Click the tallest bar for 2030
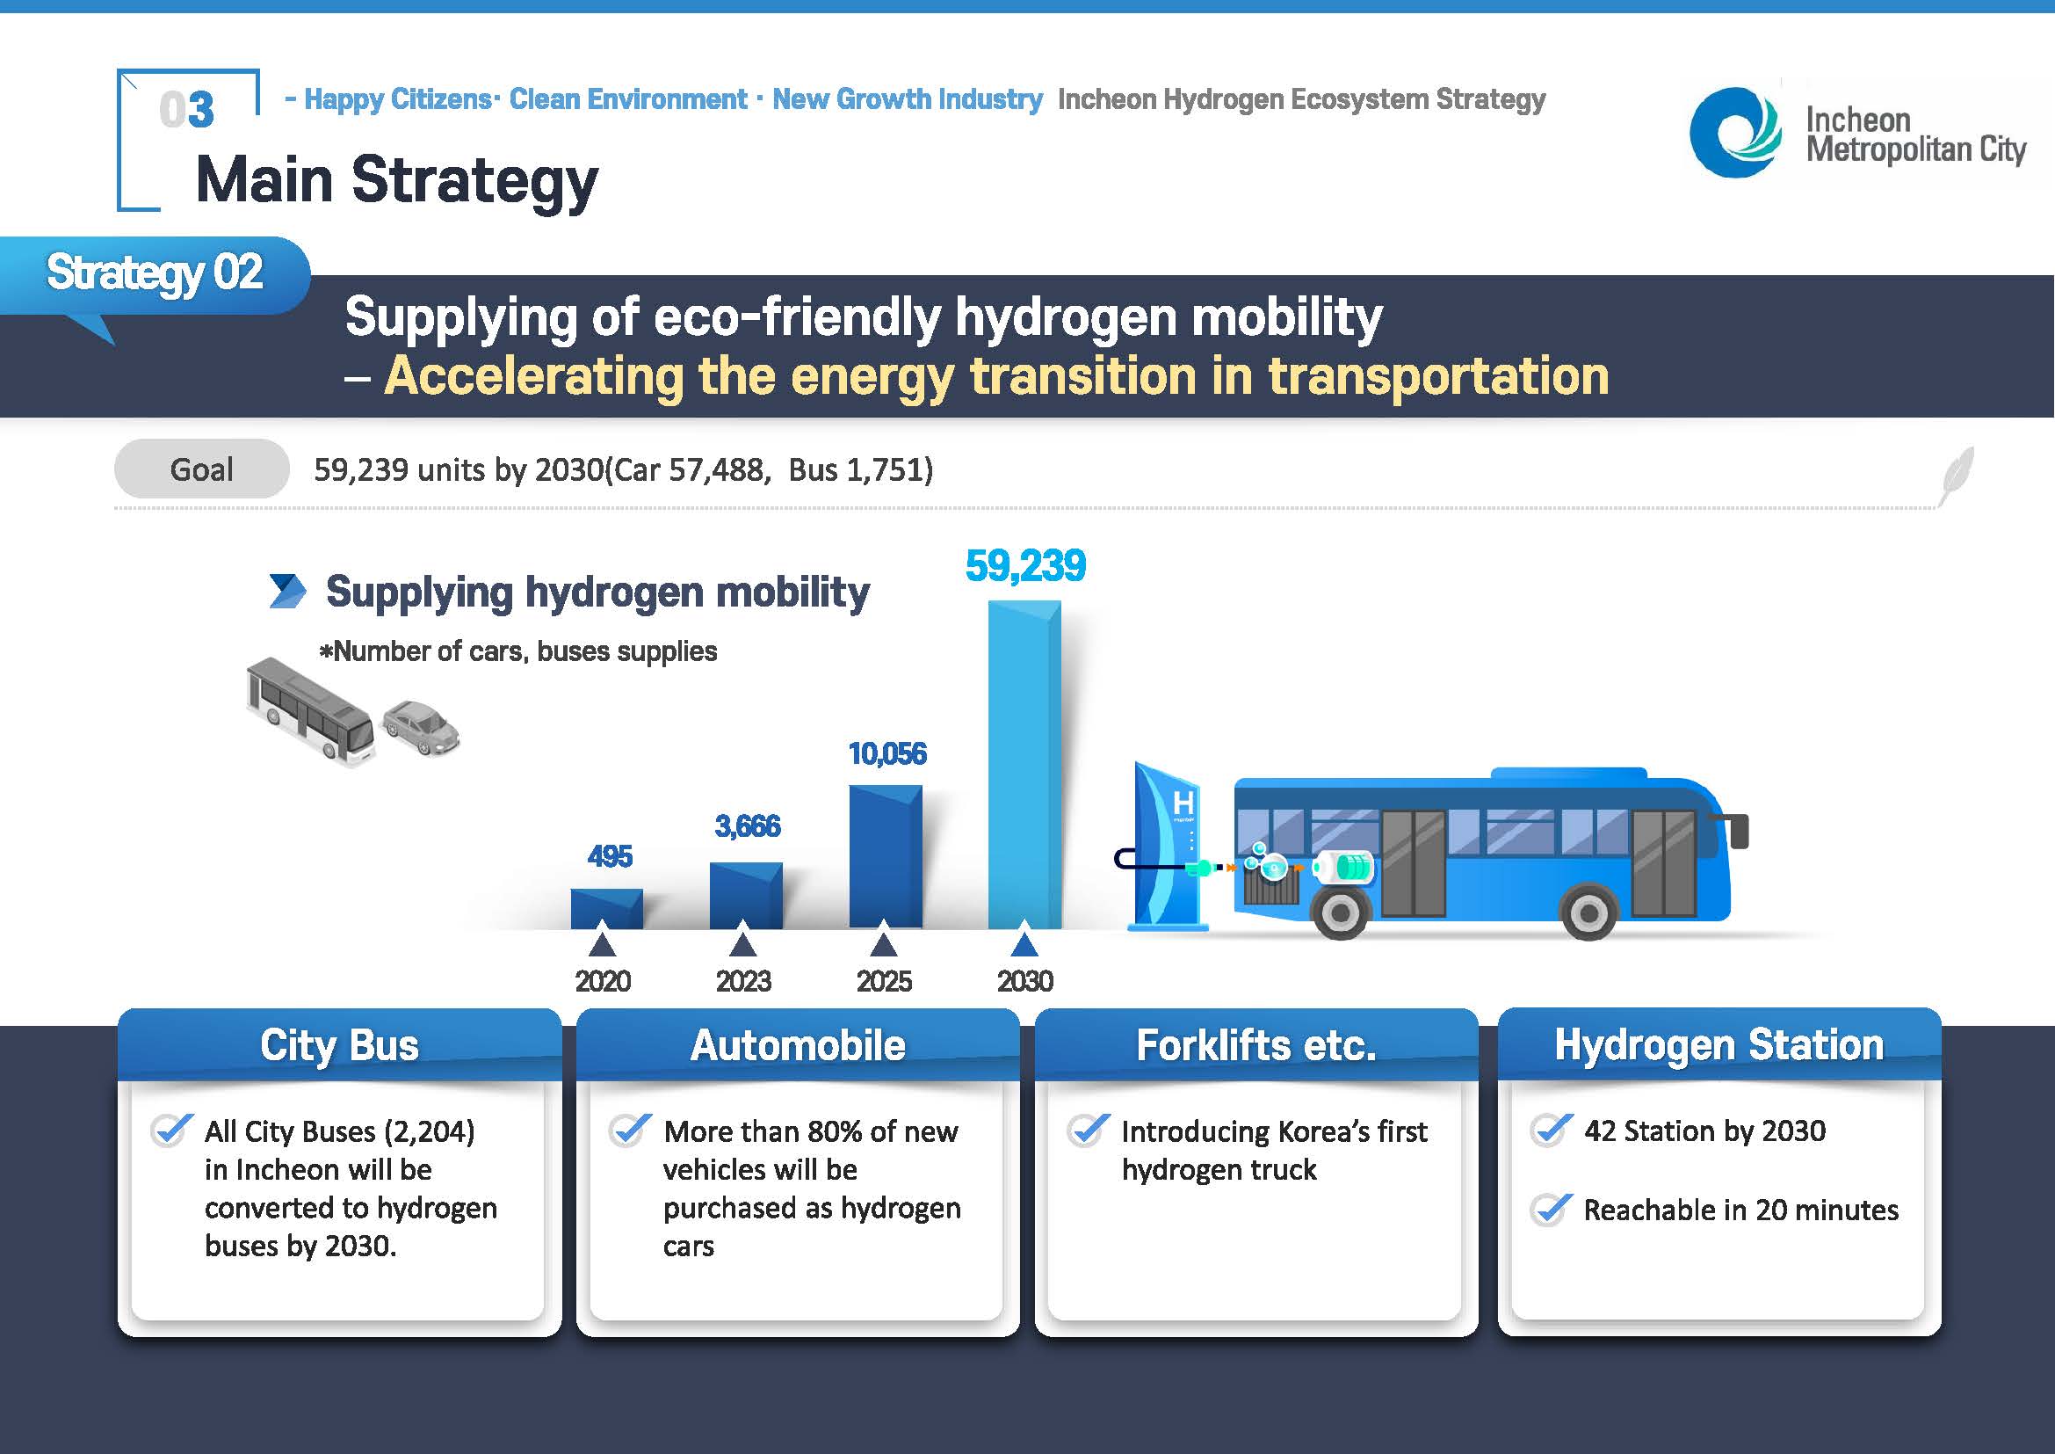[1024, 765]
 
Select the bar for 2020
[607, 909]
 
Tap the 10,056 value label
[887, 754]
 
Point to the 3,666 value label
[748, 825]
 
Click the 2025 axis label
[885, 981]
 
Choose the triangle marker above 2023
[743, 943]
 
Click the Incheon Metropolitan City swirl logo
[1734, 133]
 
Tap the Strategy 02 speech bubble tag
[155, 278]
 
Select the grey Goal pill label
[201, 469]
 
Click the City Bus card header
[339, 1045]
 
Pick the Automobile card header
[798, 1045]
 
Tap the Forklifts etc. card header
[1255, 1045]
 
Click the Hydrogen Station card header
[1719, 1044]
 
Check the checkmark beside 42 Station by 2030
[1550, 1130]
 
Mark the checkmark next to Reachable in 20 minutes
[1550, 1210]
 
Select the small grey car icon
[421, 726]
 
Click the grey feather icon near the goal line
[1956, 476]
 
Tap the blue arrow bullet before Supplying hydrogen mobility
[287, 592]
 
